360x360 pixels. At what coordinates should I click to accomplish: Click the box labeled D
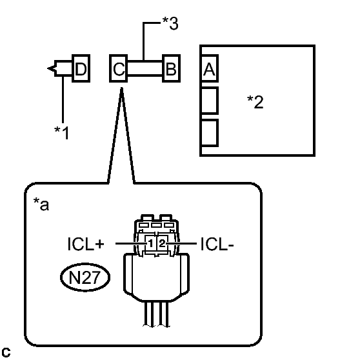[x=81, y=68]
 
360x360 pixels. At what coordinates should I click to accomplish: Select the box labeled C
[x=119, y=68]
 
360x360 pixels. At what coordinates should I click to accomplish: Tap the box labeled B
[x=171, y=68]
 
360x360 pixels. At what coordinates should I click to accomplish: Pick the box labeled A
[x=209, y=68]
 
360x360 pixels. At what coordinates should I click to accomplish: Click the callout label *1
[x=61, y=133]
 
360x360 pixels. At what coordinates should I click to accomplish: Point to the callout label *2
[x=255, y=102]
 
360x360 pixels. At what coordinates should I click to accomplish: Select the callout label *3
[x=170, y=23]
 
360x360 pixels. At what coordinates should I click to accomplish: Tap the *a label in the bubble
[x=41, y=204]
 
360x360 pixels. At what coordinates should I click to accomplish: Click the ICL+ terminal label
[x=86, y=244]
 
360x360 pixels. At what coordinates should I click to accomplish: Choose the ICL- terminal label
[x=217, y=244]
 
